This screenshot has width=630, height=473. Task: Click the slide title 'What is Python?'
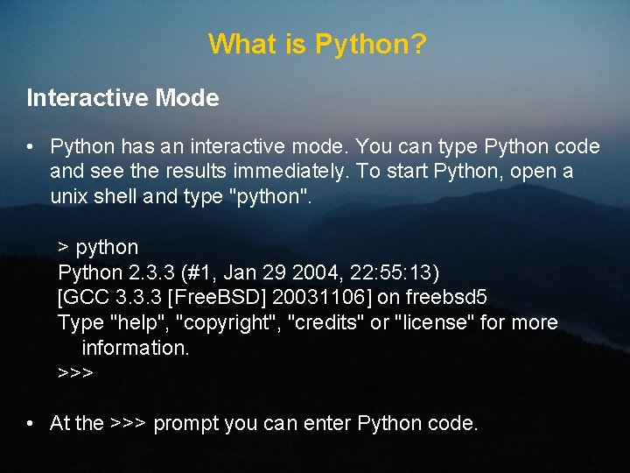click(318, 43)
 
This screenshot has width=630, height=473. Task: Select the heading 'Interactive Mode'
click(122, 98)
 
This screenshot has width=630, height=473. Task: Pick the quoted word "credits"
click(325, 322)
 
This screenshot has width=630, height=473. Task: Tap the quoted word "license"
click(435, 322)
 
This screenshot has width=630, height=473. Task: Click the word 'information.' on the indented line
click(135, 348)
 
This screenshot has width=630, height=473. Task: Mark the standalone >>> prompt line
click(75, 373)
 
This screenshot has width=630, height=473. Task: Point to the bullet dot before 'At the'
click(31, 424)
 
